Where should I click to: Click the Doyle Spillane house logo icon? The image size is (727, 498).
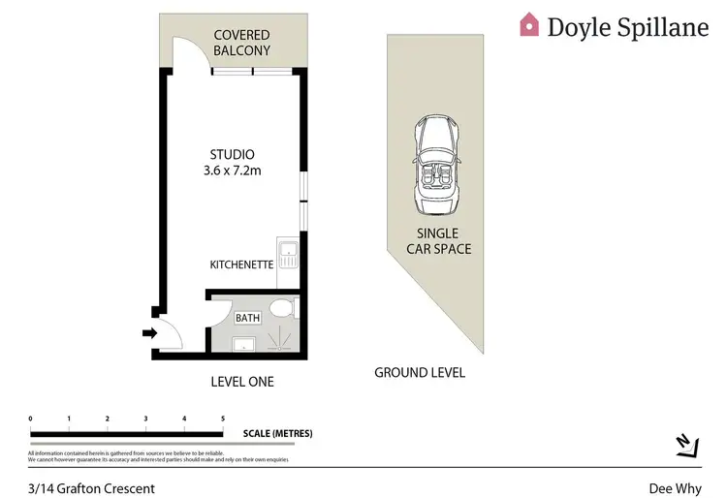(x=529, y=24)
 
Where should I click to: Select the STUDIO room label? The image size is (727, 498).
(x=233, y=154)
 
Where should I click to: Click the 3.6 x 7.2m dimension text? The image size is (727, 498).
(x=233, y=171)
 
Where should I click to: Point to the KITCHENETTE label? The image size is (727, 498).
(x=241, y=265)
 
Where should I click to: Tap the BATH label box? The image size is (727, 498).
(x=247, y=317)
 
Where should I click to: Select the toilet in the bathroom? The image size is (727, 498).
(x=282, y=309)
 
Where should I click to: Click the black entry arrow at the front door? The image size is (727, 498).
(x=149, y=334)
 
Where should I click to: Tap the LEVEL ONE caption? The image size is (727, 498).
(x=242, y=382)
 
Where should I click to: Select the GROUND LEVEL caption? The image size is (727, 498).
(x=420, y=372)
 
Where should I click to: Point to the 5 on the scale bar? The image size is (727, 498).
(x=222, y=419)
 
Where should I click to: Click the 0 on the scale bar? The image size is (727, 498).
(x=31, y=419)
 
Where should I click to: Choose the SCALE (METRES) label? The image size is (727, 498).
(x=277, y=433)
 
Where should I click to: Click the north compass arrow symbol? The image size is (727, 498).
(x=686, y=443)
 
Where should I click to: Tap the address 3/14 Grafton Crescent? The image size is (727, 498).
(x=91, y=488)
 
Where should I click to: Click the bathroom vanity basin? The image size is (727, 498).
(x=243, y=342)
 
